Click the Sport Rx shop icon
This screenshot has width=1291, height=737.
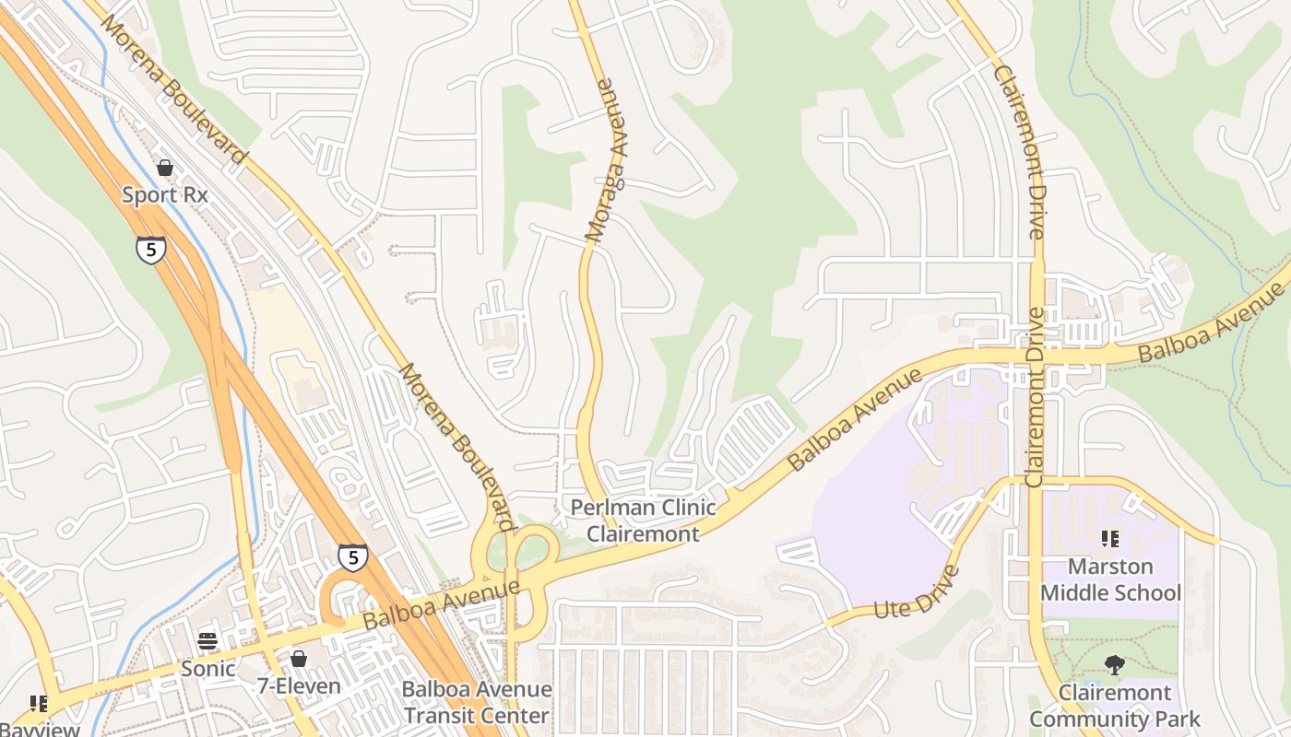pos(165,168)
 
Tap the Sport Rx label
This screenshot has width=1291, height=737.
pos(165,195)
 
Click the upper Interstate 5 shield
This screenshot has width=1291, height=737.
pos(151,250)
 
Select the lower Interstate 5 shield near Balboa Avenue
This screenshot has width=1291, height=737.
pos(352,556)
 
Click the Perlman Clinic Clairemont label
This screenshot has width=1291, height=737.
pos(643,520)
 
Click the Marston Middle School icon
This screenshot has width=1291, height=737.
pos(1110,538)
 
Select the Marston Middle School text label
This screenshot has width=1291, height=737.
pos(1110,579)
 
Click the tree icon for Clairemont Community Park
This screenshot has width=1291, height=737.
pos(1115,664)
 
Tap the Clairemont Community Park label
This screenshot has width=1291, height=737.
pos(1115,706)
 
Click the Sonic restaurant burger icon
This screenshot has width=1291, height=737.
pos(207,641)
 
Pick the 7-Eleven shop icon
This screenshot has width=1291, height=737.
pos(298,659)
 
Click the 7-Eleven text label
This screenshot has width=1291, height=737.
pos(298,686)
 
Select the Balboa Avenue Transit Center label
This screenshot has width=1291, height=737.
pos(477,702)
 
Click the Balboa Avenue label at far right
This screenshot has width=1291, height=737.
pos(1210,322)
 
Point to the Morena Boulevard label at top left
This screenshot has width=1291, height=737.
pos(174,89)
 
